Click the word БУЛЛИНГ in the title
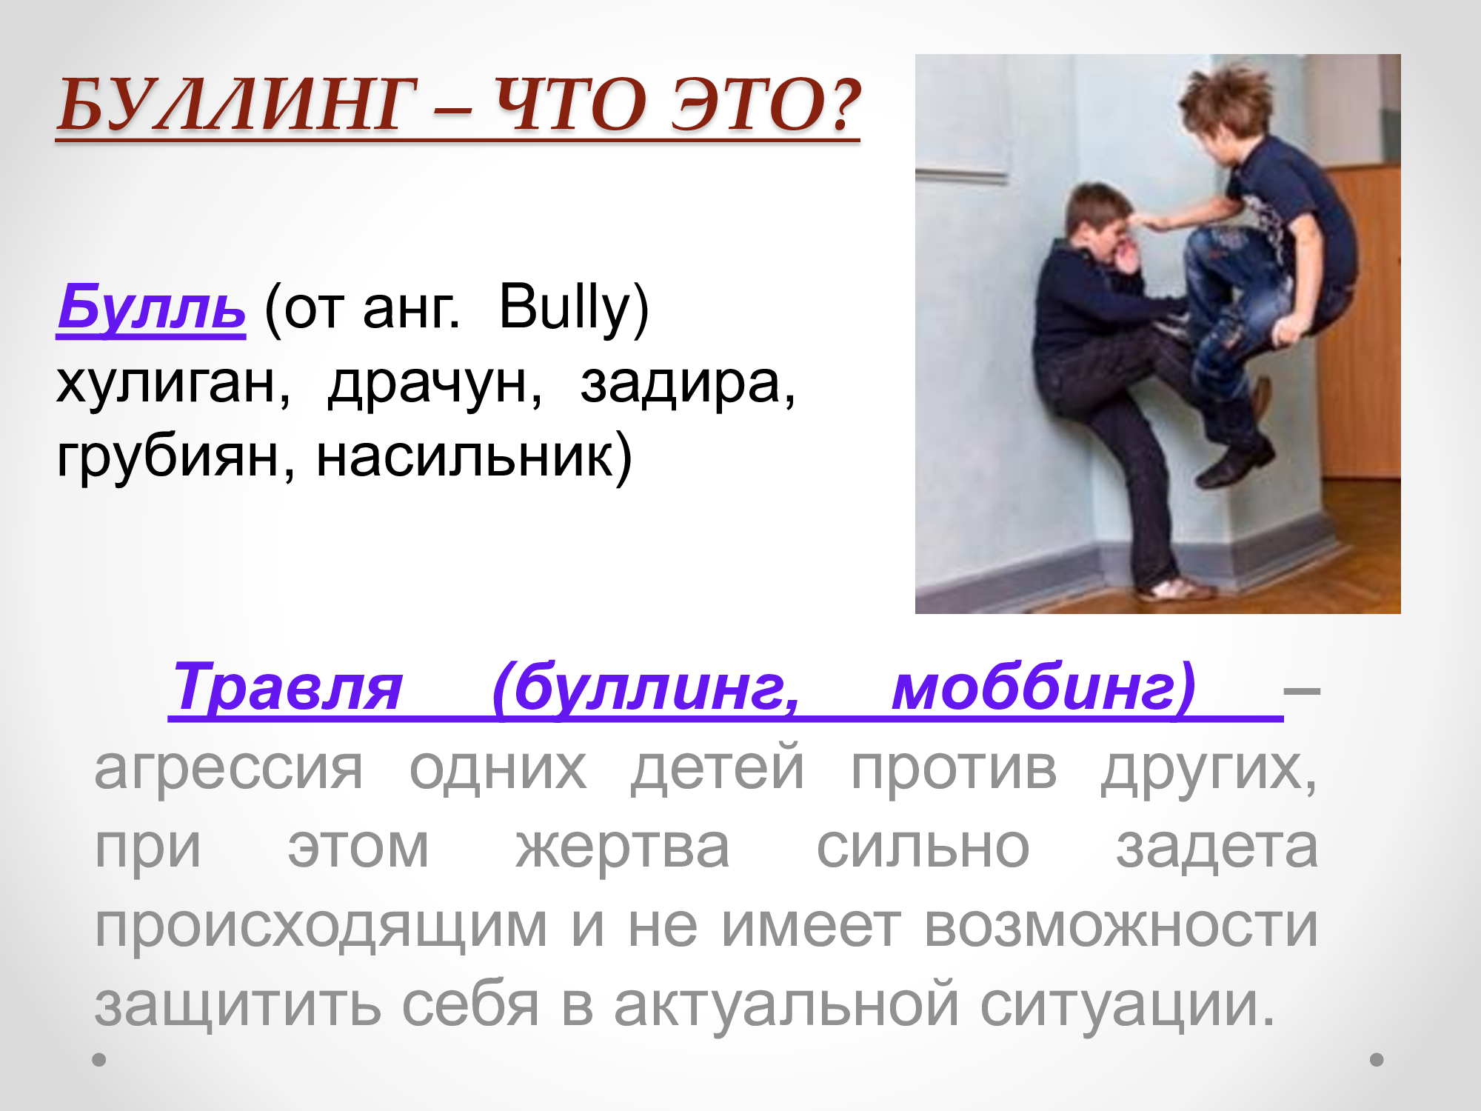tap(235, 105)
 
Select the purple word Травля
tap(287, 687)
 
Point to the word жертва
tap(623, 847)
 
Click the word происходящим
tap(321, 927)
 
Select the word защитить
tap(238, 1006)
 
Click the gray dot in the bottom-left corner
tap(99, 1060)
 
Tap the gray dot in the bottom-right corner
tap(1377, 1060)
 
